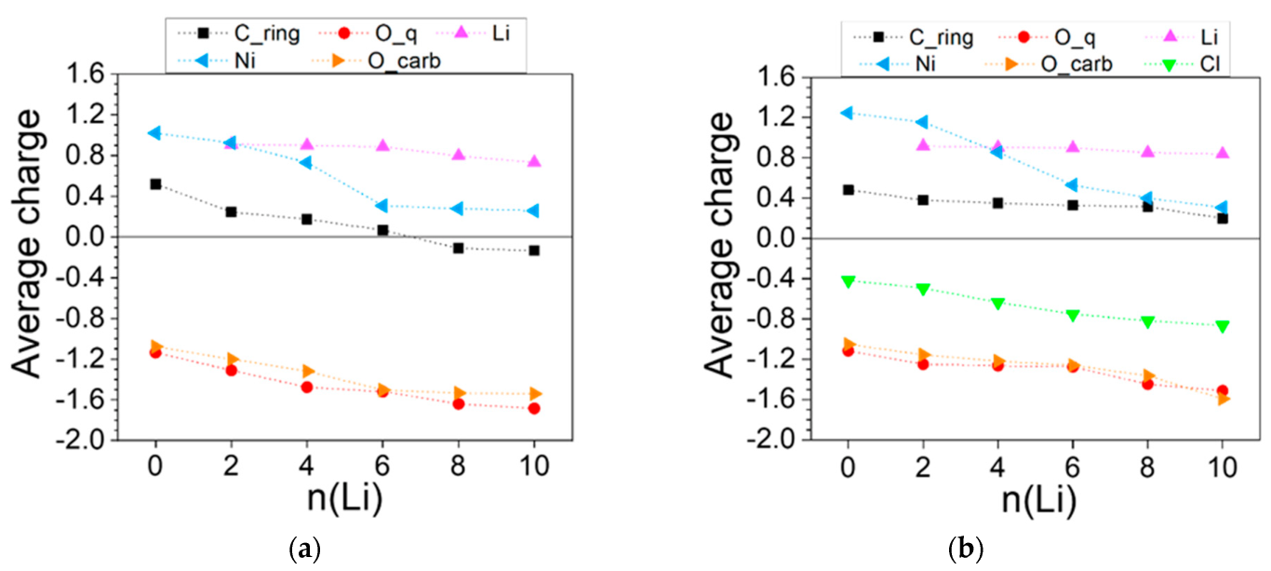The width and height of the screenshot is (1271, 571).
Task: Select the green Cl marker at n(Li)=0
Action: [x=848, y=280]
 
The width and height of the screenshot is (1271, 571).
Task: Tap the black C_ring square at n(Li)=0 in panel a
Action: [x=155, y=184]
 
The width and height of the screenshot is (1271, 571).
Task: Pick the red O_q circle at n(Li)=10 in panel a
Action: [x=533, y=408]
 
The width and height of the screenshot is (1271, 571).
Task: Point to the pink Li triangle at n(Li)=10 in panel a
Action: [x=533, y=161]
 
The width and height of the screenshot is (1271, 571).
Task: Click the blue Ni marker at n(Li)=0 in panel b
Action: [x=847, y=114]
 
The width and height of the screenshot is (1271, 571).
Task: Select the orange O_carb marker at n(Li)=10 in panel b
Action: [x=1223, y=399]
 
